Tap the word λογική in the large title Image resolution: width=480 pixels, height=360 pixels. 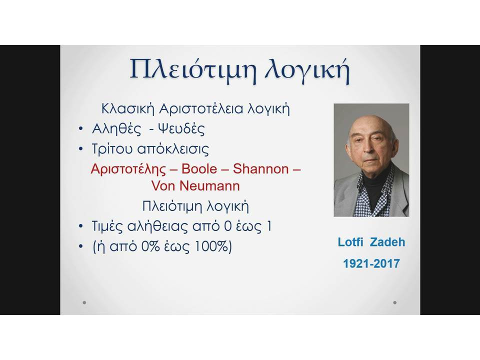[307, 70]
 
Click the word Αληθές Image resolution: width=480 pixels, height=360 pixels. [116, 129]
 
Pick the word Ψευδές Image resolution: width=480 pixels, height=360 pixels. [181, 129]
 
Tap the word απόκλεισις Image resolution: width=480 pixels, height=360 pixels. [173, 149]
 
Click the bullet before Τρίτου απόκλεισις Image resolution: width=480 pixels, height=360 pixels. [81, 149]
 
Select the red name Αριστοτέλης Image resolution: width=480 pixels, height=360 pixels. [128, 169]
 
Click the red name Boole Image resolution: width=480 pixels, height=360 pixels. [199, 169]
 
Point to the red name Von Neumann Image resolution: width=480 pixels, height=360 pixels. [195, 186]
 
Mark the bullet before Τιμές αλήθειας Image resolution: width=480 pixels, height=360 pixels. [81, 226]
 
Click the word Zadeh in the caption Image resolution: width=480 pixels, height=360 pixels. [387, 242]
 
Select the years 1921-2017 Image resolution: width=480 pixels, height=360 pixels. [371, 263]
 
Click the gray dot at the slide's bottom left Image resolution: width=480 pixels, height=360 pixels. [84, 303]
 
